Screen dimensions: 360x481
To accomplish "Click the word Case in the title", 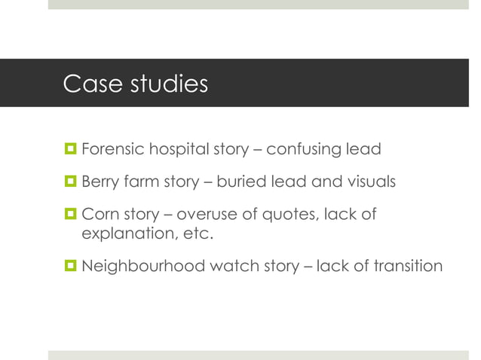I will [x=86, y=84].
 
